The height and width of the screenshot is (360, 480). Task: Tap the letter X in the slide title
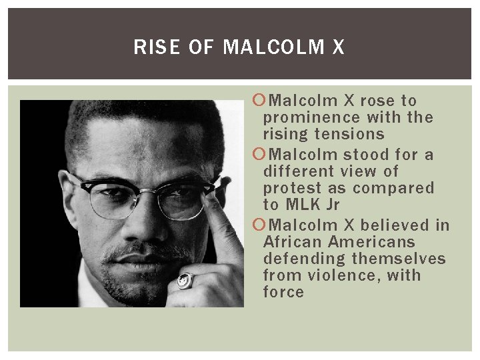pyautogui.click(x=338, y=47)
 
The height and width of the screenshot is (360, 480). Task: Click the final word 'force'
pyautogui.click(x=283, y=292)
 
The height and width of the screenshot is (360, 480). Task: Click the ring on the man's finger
pyautogui.click(x=184, y=281)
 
